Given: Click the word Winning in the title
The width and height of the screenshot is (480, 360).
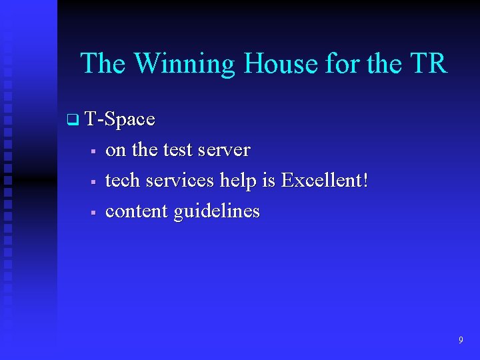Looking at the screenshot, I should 185,64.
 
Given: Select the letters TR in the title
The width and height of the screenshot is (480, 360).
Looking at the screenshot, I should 427,64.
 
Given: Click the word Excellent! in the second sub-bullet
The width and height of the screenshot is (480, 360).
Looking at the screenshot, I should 325,181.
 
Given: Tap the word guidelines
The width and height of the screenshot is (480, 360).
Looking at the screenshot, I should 217,212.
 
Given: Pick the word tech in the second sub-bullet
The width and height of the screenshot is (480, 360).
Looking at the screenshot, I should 123,181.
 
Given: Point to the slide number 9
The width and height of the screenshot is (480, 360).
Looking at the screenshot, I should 461,340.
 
